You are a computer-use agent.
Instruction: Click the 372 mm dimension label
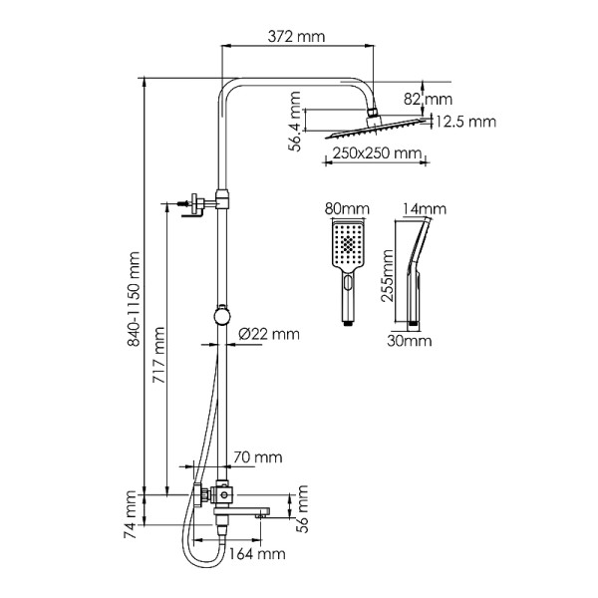coord(298,36)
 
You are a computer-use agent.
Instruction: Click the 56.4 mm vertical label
coord(296,122)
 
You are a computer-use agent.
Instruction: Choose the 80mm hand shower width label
coord(346,209)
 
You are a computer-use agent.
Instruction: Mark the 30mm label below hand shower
coord(410,340)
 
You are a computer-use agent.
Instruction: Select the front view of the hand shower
coord(347,269)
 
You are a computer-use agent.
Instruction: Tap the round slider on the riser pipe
coord(222,317)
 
